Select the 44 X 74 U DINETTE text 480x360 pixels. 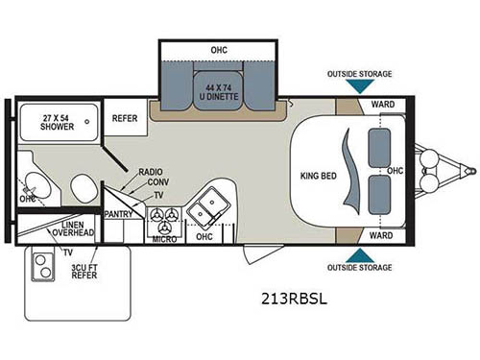point(222,93)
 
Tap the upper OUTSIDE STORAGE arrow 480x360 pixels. point(359,86)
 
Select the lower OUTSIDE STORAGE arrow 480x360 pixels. point(359,254)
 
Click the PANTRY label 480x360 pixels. point(118,214)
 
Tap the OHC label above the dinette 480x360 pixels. point(221,50)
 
